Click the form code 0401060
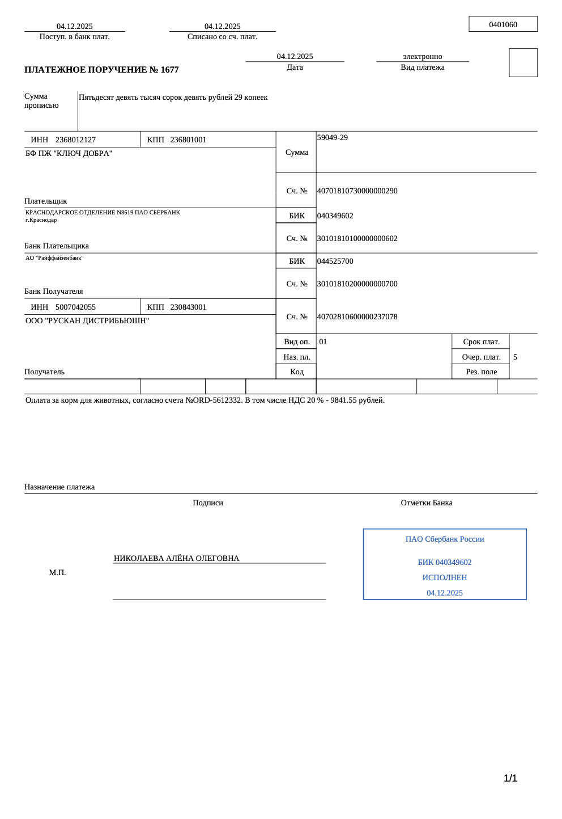pyautogui.click(x=503, y=24)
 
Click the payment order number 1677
pyautogui.click(x=169, y=70)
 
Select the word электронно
pyautogui.click(x=422, y=57)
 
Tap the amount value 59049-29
pyautogui.click(x=333, y=138)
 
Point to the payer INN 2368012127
pyautogui.click(x=75, y=140)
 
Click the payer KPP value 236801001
pyautogui.click(x=188, y=140)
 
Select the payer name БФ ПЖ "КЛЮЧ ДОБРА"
pyautogui.click(x=69, y=154)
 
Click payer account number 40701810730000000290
pyautogui.click(x=357, y=191)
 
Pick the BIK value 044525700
pyautogui.click(x=335, y=261)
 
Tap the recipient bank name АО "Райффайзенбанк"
pyautogui.click(x=54, y=258)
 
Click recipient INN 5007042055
pyautogui.click(x=75, y=307)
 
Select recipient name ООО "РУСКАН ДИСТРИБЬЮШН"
pyautogui.click(x=87, y=321)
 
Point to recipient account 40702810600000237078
pyautogui.click(x=357, y=317)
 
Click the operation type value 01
pyautogui.click(x=323, y=342)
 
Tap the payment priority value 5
pyautogui.click(x=515, y=357)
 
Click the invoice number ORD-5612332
pyautogui.click(x=217, y=400)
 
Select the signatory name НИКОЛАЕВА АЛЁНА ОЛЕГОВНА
pyautogui.click(x=176, y=559)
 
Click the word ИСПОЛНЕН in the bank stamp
pyautogui.click(x=444, y=578)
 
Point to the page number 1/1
pyautogui.click(x=510, y=778)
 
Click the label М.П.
pyautogui.click(x=57, y=573)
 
